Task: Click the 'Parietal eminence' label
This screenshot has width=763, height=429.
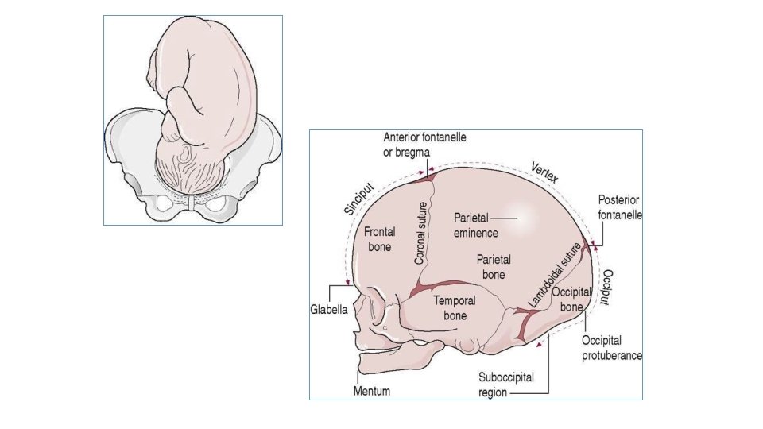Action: tap(475, 225)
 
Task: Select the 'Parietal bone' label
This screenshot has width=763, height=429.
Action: tap(494, 266)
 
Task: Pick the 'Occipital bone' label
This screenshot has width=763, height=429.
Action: tap(572, 299)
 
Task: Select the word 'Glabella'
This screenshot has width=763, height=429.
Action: tap(328, 311)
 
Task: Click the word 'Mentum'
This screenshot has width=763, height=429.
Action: tap(372, 392)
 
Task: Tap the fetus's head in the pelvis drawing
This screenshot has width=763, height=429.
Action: tap(191, 168)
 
